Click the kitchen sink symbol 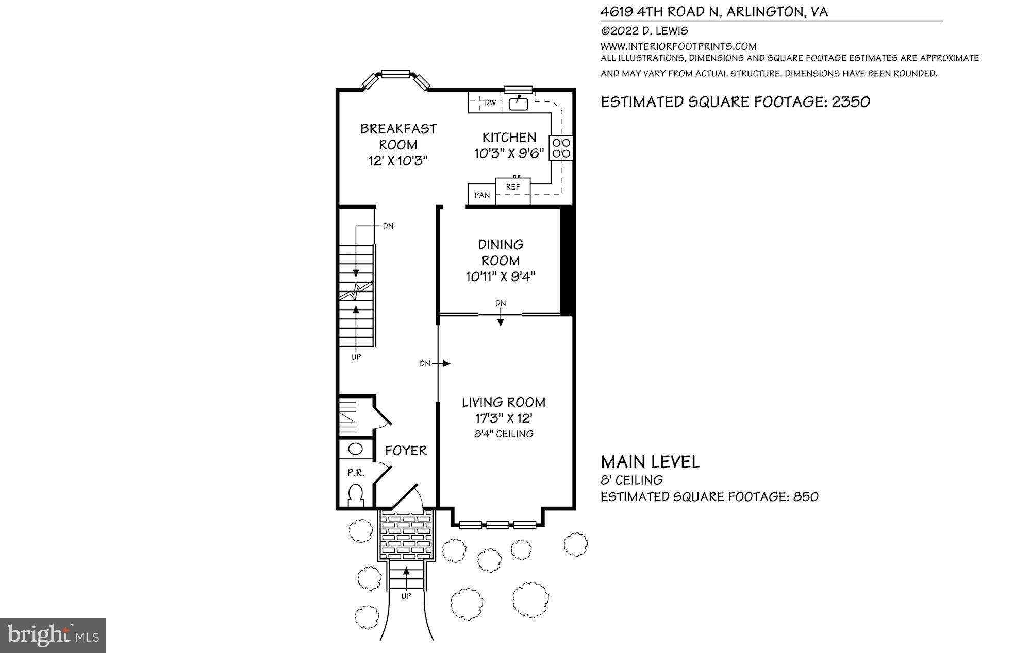point(519,104)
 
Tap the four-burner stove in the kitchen point(561,147)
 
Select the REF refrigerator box point(513,191)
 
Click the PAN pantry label point(482,195)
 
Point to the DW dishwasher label point(490,102)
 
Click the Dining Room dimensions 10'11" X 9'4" point(501,277)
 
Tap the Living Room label point(503,402)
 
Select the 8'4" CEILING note point(504,434)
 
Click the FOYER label point(406,451)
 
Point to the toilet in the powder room point(356,495)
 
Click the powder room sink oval point(356,449)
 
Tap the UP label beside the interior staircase point(356,357)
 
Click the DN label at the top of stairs point(388,226)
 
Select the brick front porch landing point(407,536)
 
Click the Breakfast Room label point(398,136)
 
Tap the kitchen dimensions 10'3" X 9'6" point(509,153)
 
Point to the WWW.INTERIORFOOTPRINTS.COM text point(678,46)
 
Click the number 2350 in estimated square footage point(851,102)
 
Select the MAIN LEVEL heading point(650,462)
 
